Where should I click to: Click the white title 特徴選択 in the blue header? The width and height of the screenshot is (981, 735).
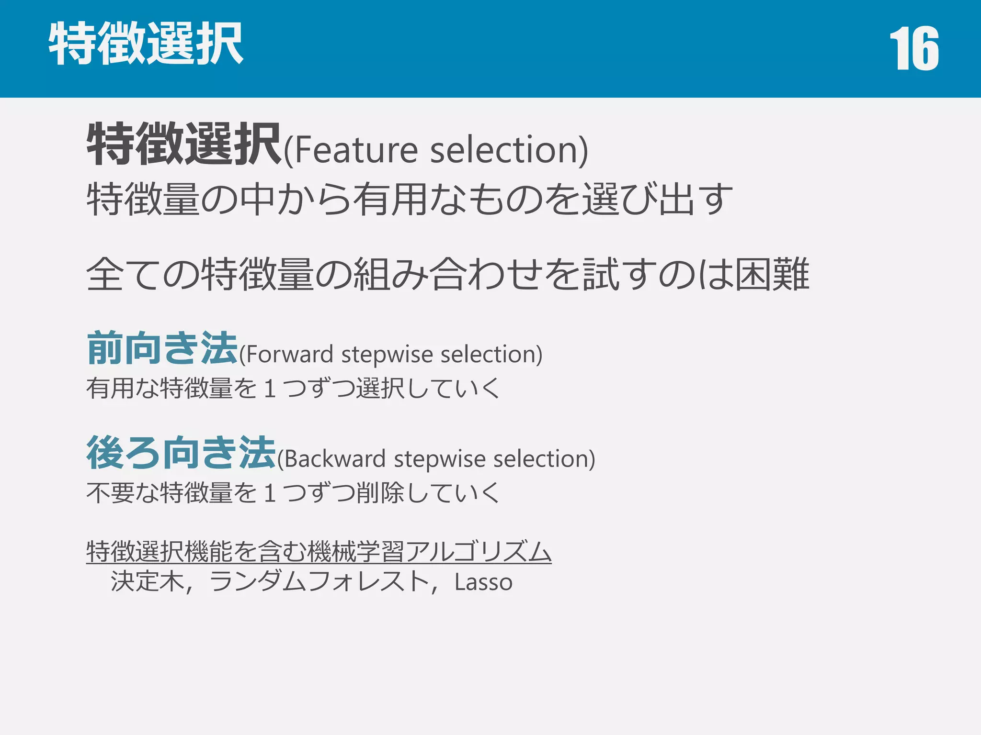click(146, 44)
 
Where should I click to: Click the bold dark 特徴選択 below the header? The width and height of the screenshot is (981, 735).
click(184, 144)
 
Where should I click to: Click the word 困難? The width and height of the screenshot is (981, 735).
click(772, 274)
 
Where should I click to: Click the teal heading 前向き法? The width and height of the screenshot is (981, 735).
click(162, 348)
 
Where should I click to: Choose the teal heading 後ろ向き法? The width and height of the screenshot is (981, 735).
click(181, 453)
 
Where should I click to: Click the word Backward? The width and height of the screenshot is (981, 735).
click(335, 459)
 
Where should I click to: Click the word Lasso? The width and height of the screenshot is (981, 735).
click(483, 582)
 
